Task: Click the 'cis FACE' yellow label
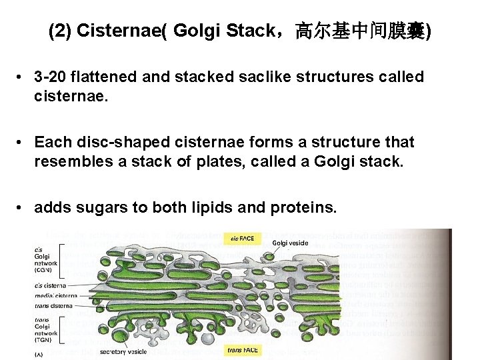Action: [243, 237]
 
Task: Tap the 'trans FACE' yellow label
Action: [243, 350]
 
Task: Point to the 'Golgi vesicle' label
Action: [290, 243]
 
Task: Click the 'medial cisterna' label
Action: [57, 295]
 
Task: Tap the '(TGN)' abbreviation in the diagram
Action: [46, 339]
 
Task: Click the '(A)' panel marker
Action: [40, 355]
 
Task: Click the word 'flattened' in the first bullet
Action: [107, 77]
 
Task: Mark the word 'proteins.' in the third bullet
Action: [303, 208]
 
